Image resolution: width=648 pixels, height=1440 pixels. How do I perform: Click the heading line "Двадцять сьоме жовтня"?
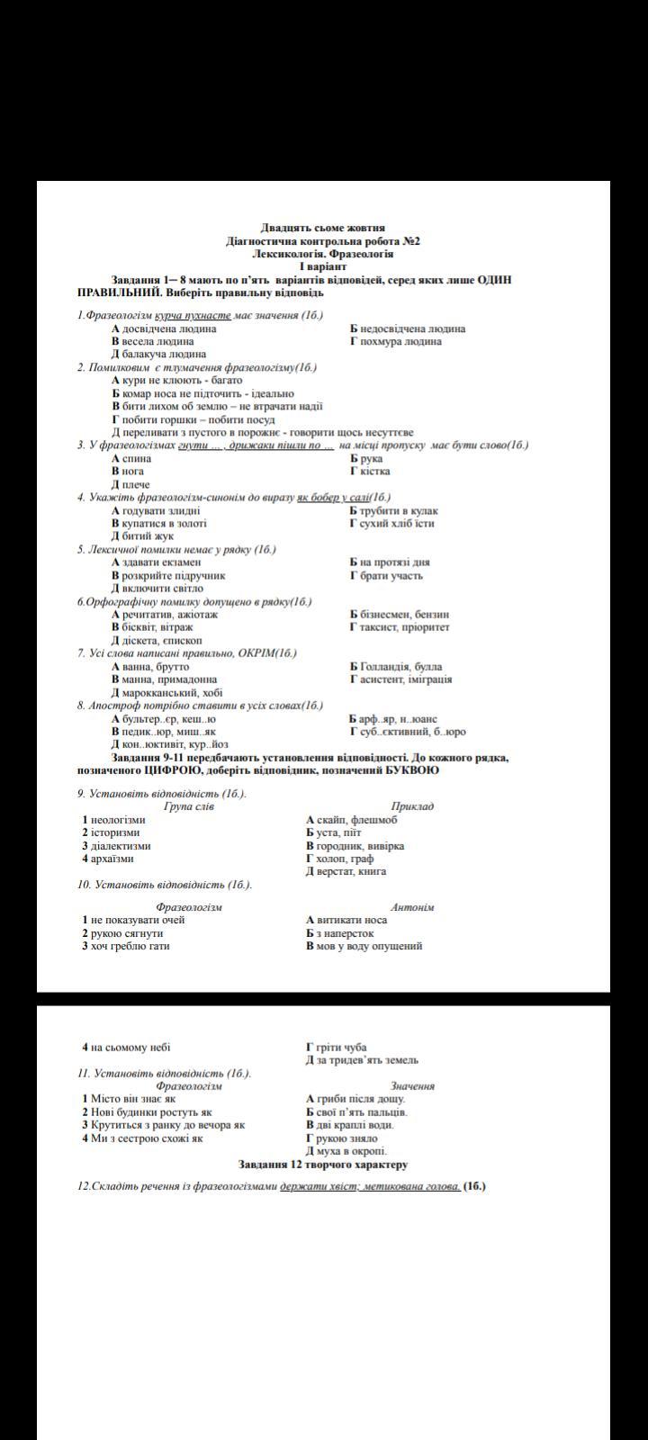tap(323, 229)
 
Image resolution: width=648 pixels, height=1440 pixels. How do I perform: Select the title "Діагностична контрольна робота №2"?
tap(323, 241)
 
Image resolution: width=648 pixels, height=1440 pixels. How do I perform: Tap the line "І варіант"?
tap(323, 267)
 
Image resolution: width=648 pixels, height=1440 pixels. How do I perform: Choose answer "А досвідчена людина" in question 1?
tap(164, 328)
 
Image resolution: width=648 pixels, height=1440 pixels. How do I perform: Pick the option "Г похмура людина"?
tap(396, 341)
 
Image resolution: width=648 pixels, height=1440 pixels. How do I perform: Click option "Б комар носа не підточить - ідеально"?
tap(203, 393)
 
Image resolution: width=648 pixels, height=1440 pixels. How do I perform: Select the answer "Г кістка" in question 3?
tap(370, 471)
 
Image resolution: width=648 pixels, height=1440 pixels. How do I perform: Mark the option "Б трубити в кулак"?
tap(393, 511)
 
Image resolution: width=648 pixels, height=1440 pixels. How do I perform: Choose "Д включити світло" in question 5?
tap(157, 589)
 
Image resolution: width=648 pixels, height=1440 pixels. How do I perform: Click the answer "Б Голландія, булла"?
tap(396, 667)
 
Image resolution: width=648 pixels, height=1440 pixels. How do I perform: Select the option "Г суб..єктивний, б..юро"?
tap(408, 732)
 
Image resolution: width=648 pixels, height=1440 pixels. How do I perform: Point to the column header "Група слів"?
tap(189, 806)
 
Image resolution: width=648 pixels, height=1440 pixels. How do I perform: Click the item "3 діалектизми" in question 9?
tap(117, 846)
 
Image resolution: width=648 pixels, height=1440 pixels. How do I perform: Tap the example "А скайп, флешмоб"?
tap(352, 820)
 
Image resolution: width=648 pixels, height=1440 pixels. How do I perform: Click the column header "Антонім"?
tap(412, 907)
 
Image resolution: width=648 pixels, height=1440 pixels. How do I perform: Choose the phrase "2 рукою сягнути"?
tap(123, 933)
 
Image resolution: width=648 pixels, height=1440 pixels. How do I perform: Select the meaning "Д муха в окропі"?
tap(346, 1151)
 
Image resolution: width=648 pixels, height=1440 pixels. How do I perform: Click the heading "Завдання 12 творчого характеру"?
tap(323, 1165)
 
